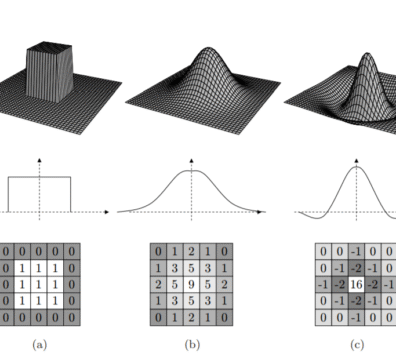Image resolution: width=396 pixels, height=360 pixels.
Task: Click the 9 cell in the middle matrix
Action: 191,284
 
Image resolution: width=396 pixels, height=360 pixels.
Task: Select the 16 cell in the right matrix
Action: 356,284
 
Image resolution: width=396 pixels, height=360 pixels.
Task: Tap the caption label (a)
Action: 40,345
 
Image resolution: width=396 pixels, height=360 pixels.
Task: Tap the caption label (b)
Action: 192,345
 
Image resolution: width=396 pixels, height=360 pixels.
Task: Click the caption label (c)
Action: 357,345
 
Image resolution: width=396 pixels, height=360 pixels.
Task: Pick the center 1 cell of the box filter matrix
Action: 39,284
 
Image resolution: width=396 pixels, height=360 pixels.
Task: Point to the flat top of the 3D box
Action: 49,46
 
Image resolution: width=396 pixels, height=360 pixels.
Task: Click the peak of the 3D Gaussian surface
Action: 208,49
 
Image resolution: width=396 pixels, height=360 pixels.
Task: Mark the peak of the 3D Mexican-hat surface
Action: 367,54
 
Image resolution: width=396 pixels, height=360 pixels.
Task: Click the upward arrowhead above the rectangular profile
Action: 40,160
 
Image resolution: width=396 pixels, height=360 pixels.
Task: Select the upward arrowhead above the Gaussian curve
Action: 192,160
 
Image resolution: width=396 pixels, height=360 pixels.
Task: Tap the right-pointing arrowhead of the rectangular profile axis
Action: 107,212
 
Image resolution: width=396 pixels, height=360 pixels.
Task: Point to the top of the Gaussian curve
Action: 191,171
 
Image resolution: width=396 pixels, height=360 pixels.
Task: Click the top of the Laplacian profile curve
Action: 356,167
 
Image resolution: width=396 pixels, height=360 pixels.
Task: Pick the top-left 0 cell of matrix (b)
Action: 158,251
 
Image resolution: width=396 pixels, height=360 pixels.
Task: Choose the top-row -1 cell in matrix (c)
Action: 356,251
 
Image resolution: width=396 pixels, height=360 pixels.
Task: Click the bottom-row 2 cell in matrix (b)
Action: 191,317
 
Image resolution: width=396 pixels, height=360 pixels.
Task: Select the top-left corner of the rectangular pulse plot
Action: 8,177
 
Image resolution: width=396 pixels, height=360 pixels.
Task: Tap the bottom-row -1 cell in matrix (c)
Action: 356,317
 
